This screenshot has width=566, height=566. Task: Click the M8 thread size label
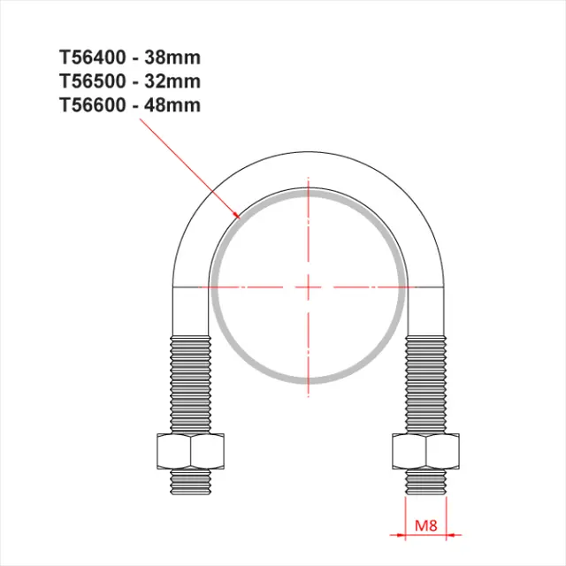coord(425,528)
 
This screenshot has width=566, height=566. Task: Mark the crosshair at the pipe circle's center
coord(308,287)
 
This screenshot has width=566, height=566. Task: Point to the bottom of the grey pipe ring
coord(308,381)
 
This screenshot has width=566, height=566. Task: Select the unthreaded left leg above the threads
coord(191,310)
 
